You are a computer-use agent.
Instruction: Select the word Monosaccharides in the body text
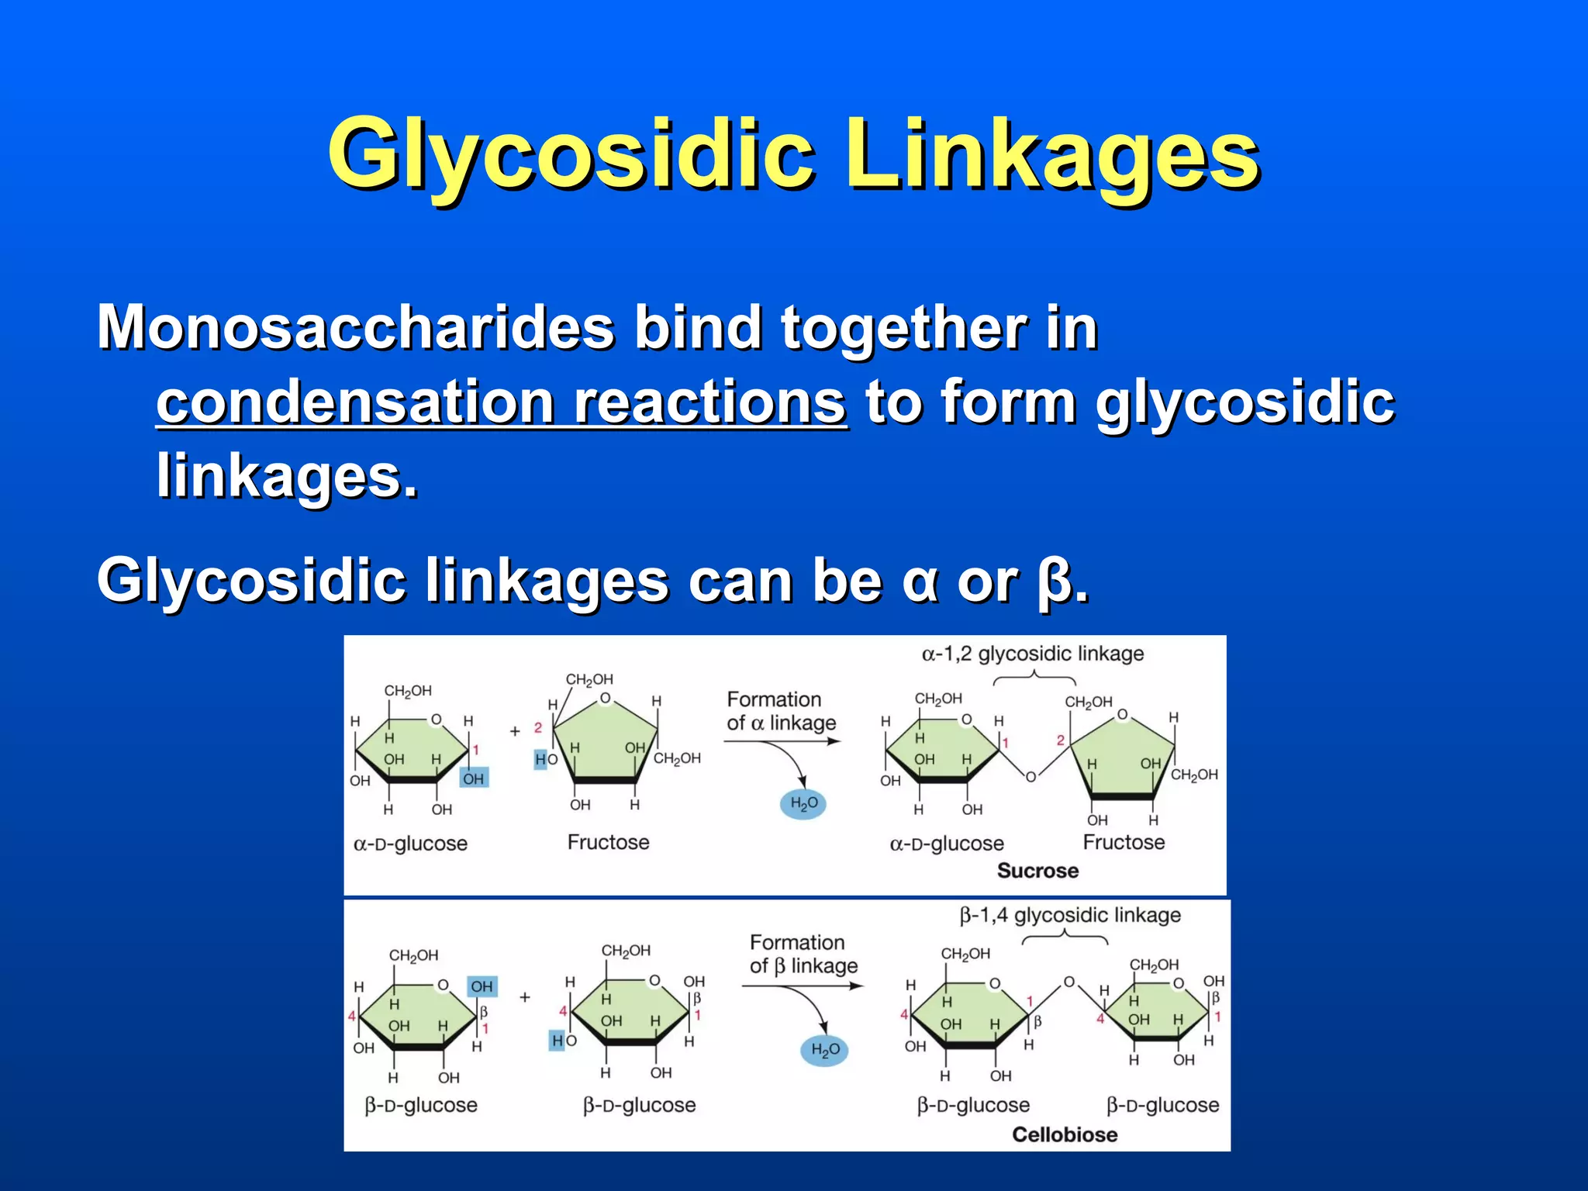tap(356, 328)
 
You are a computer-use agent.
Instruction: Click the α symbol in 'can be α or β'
tap(920, 582)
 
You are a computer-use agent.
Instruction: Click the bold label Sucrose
tap(1037, 871)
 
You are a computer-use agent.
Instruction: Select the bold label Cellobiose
tap(1065, 1134)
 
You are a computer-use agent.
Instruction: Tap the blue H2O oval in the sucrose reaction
tap(803, 804)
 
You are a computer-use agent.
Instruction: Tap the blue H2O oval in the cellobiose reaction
tap(824, 1050)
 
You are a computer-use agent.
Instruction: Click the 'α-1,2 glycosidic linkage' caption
tap(1032, 654)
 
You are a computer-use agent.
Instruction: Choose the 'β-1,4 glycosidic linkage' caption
tap(1070, 916)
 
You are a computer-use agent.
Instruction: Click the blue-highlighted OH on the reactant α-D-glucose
tap(473, 778)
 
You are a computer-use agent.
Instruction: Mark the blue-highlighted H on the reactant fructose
tap(540, 759)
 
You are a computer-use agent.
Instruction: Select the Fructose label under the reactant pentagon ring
tap(608, 842)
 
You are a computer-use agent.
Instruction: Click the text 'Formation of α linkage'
tap(781, 711)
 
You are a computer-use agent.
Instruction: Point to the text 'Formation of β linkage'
tap(803, 955)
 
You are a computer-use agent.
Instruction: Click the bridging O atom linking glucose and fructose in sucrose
tap(1030, 777)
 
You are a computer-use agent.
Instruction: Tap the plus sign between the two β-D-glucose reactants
tap(525, 997)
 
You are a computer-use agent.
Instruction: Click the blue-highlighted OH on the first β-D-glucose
tap(482, 986)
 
